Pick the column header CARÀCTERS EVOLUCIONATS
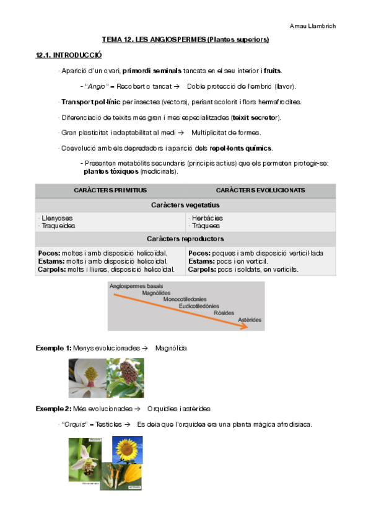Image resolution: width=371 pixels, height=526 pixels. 260,190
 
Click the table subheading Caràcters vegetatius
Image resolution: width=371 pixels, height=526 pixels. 185,205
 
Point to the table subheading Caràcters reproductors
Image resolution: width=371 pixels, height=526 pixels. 185,239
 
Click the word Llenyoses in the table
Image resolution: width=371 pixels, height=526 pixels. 56,218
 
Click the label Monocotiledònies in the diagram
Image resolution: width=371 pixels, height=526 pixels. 185,299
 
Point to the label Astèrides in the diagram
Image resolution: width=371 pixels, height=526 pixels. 250,319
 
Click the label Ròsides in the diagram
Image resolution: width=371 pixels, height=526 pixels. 224,313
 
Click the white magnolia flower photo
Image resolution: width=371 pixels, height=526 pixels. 87,377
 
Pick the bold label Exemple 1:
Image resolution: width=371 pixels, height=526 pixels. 54,348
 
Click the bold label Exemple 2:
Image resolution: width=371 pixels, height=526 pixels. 54,409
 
